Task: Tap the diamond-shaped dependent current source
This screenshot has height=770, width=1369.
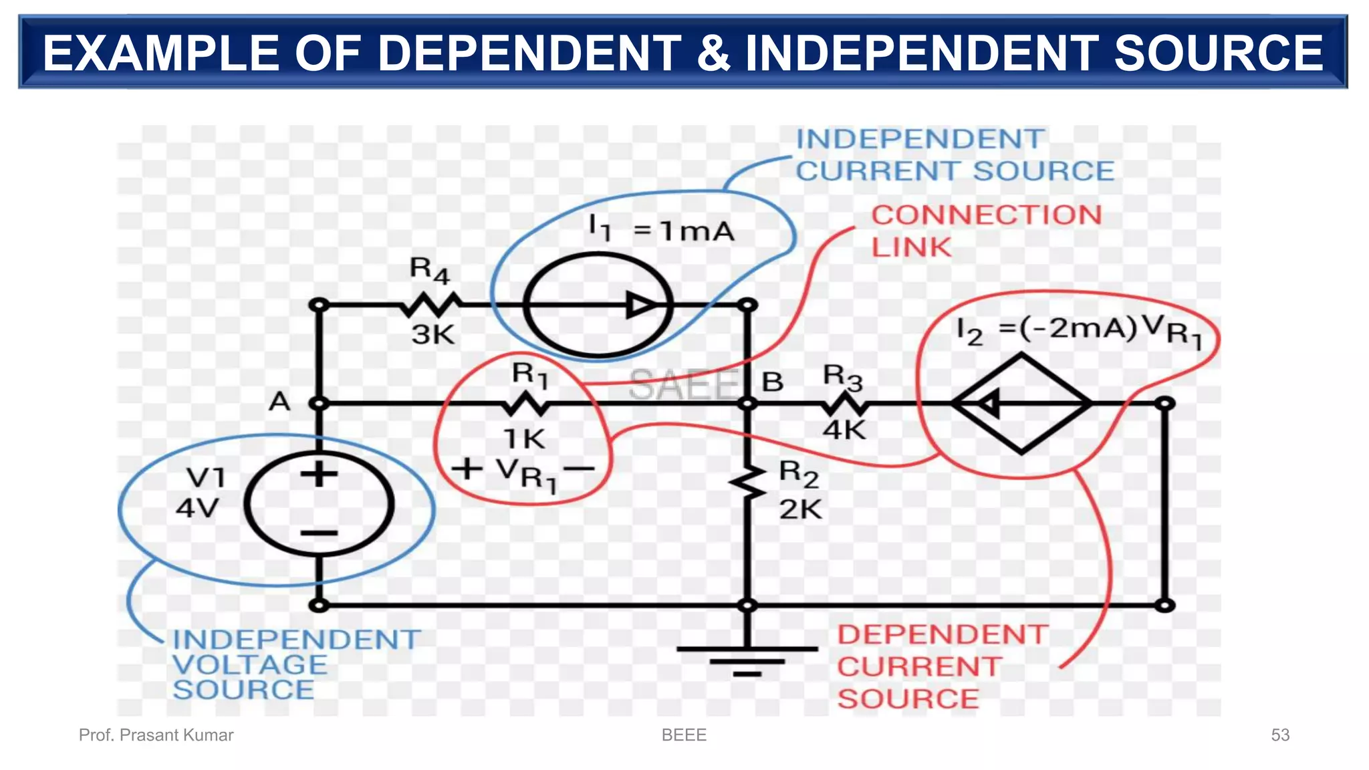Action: coord(1021,404)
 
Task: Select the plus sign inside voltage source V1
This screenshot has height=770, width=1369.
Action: coord(319,475)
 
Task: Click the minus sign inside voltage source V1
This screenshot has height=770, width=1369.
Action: coord(319,533)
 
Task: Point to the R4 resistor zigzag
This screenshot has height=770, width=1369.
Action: coord(431,305)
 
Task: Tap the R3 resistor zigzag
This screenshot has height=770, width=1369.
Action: coord(845,404)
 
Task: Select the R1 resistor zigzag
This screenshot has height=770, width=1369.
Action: coord(525,404)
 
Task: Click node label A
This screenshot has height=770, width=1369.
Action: coord(279,402)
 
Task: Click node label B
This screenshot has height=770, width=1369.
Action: coord(772,382)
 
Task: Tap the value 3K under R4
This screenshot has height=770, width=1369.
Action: coord(433,334)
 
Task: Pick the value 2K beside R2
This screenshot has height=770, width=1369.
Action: coord(800,509)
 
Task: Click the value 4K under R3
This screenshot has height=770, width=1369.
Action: coord(844,430)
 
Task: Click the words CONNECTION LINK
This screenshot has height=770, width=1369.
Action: coord(986,231)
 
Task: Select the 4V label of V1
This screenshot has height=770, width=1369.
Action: coord(197,508)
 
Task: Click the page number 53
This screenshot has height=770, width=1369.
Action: coord(1279,735)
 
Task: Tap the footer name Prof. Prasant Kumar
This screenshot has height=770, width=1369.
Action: coord(156,735)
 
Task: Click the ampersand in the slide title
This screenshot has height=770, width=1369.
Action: coord(713,53)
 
